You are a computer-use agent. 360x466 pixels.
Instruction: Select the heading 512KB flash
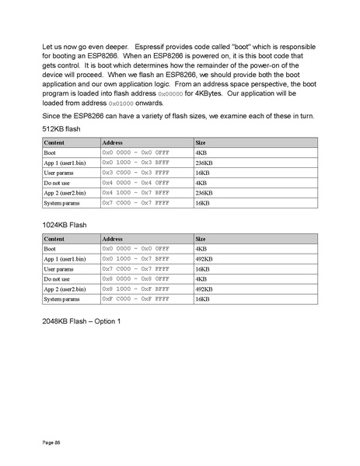pyautogui.click(x=61, y=128)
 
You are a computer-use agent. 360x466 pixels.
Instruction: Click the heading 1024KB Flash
pyautogui.click(x=64, y=224)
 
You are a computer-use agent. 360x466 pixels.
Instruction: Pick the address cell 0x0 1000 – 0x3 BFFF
pyautogui.click(x=135, y=163)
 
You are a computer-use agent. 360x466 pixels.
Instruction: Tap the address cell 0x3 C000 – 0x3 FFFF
pyautogui.click(x=135, y=173)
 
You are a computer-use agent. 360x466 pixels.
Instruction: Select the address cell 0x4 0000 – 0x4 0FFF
pyautogui.click(x=135, y=182)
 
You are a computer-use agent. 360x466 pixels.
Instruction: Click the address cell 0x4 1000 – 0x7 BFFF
pyautogui.click(x=135, y=192)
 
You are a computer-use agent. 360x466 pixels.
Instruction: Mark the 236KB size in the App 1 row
pyautogui.click(x=204, y=163)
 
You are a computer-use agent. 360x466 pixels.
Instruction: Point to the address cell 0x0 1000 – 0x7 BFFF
pyautogui.click(x=135, y=258)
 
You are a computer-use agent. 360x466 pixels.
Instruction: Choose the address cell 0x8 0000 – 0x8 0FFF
pyautogui.click(x=135, y=279)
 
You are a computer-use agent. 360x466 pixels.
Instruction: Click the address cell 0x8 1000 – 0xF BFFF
pyautogui.click(x=135, y=289)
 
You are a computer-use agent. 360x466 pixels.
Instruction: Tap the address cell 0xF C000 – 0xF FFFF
pyautogui.click(x=135, y=299)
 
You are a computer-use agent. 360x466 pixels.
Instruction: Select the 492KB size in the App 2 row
pyautogui.click(x=204, y=289)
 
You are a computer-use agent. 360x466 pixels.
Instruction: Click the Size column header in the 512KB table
pyautogui.click(x=201, y=143)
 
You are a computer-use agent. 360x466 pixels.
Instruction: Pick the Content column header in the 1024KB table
pyautogui.click(x=54, y=239)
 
